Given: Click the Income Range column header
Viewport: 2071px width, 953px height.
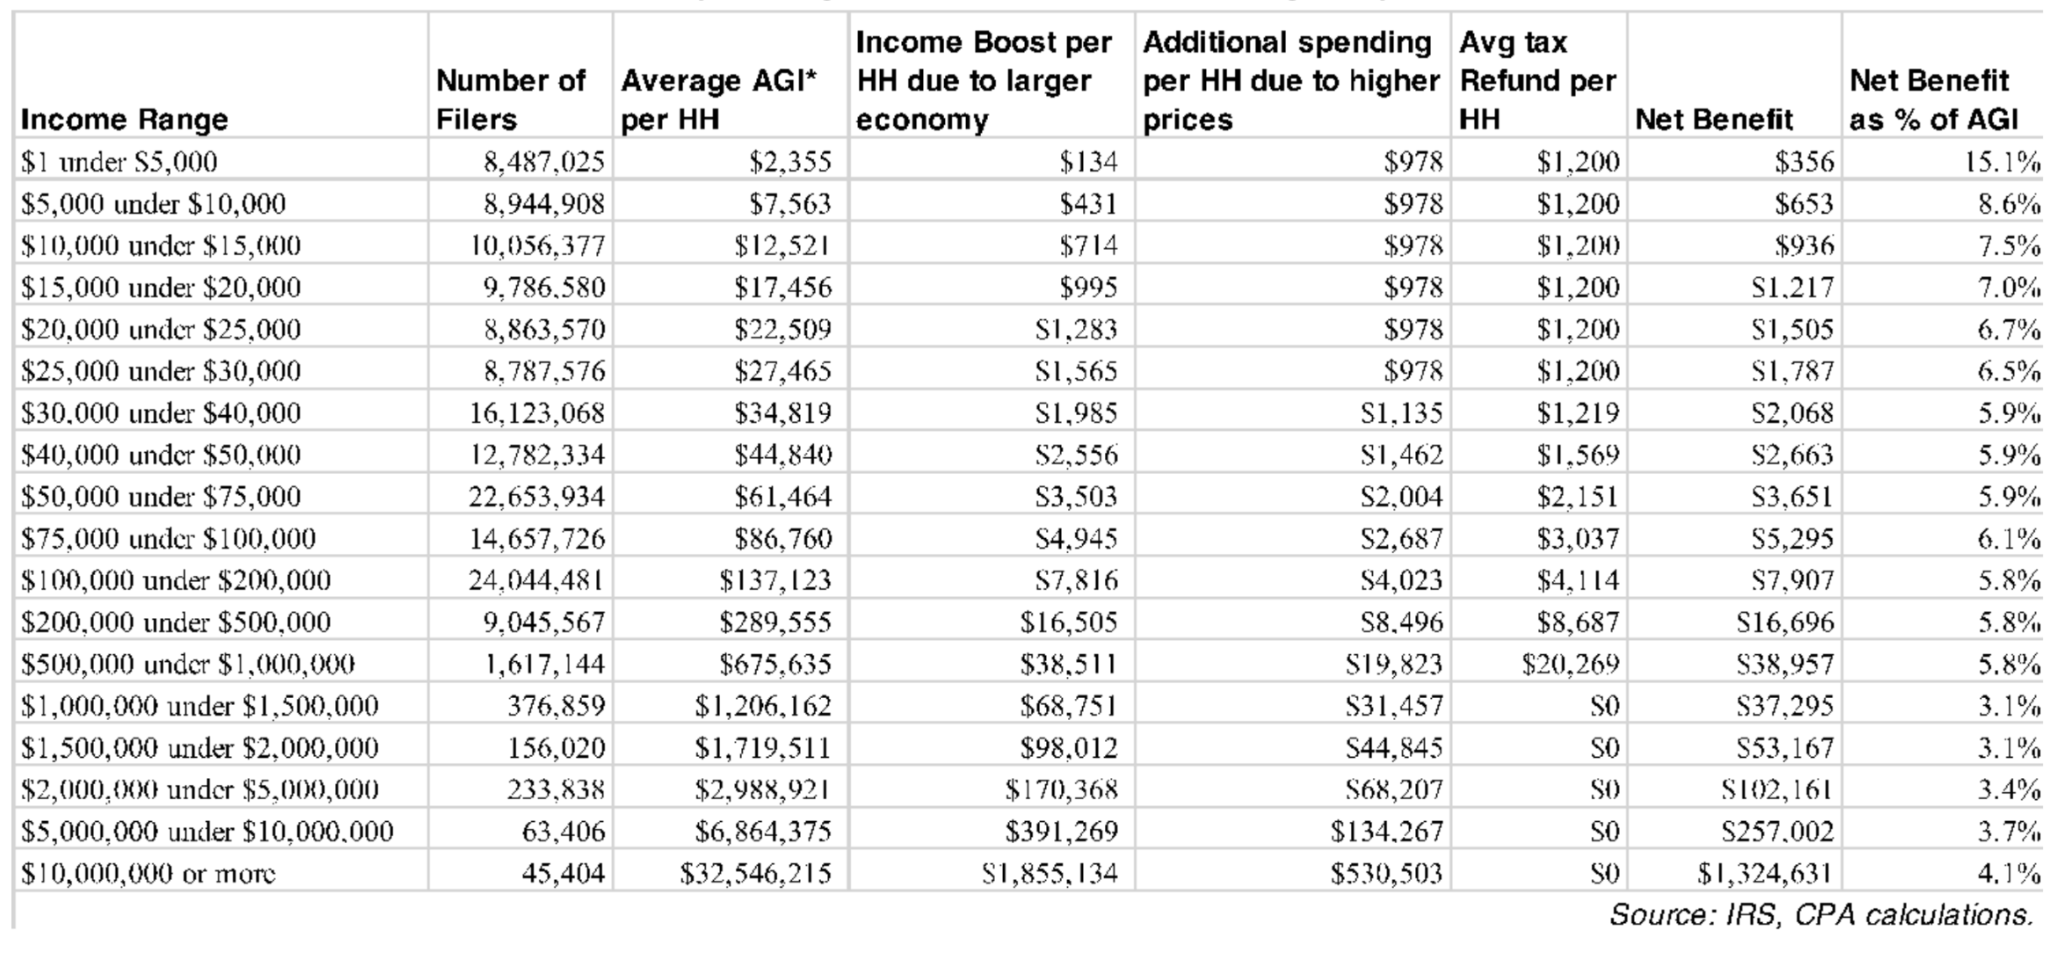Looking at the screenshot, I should pyautogui.click(x=124, y=119).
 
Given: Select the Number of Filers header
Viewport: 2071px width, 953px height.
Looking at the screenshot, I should pyautogui.click(x=510, y=99).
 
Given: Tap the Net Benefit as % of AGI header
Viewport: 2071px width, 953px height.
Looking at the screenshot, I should pyautogui.click(x=1933, y=99).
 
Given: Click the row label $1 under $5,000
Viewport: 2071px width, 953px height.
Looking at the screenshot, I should pyautogui.click(x=119, y=162).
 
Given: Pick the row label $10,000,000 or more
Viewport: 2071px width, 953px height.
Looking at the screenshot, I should pyautogui.click(x=148, y=873).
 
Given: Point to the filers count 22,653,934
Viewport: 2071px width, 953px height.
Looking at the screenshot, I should pyautogui.click(x=536, y=497).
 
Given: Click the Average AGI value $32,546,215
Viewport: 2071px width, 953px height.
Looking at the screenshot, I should pyautogui.click(x=755, y=873).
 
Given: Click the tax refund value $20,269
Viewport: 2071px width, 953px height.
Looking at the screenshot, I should pyautogui.click(x=1570, y=664).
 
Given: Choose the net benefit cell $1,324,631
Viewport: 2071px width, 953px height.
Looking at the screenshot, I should pyautogui.click(x=1765, y=873).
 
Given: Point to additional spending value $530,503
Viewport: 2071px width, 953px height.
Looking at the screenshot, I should pyautogui.click(x=1385, y=873).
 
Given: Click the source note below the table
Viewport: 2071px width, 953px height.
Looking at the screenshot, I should pyautogui.click(x=1820, y=915).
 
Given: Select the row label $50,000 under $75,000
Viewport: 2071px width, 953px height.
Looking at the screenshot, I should pyautogui.click(x=161, y=497).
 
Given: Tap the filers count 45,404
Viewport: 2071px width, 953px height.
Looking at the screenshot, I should pyautogui.click(x=563, y=873).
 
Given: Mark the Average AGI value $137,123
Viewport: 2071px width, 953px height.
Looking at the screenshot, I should pyautogui.click(x=774, y=580).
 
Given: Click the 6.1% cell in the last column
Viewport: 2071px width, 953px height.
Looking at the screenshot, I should pyautogui.click(x=2009, y=538).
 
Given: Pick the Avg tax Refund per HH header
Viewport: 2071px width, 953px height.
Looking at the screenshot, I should pyautogui.click(x=1537, y=80).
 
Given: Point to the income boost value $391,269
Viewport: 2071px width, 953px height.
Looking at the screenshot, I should pyautogui.click(x=1062, y=831).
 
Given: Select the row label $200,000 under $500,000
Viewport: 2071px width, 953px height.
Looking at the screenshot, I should pyautogui.click(x=176, y=622).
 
